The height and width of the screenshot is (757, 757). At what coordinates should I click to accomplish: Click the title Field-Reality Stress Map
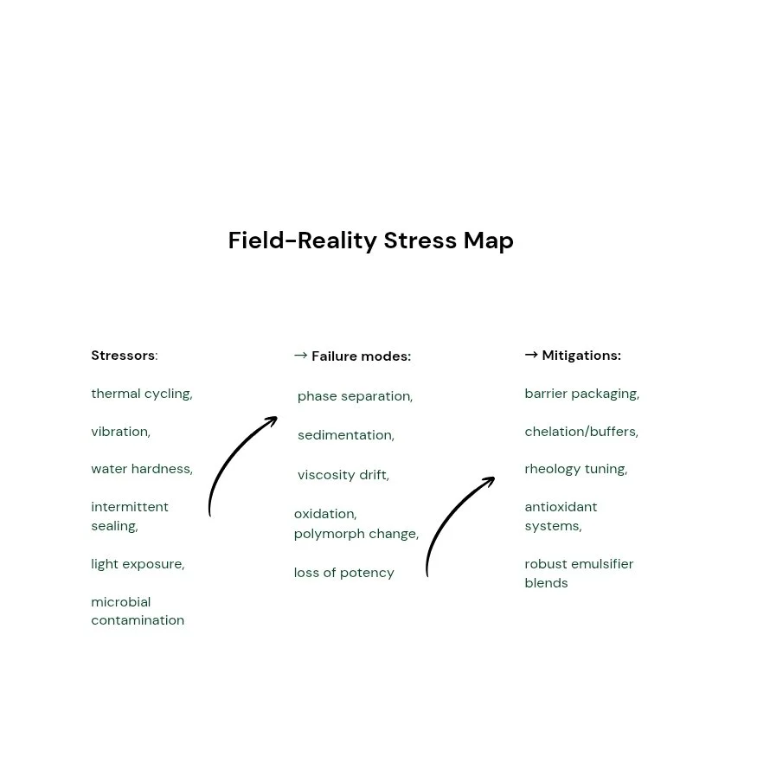coord(370,241)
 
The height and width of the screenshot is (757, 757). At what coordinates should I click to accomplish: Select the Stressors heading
coord(124,356)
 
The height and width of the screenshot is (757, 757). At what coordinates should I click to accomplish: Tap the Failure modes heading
coord(360,356)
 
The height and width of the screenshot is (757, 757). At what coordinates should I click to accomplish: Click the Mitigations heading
coord(581,356)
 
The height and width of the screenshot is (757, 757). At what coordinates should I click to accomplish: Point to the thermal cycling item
coord(141,394)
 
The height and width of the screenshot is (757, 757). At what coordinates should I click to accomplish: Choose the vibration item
coord(120,432)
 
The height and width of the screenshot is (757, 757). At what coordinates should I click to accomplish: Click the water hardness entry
coord(141,469)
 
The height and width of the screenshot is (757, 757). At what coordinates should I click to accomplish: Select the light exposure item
coord(138,564)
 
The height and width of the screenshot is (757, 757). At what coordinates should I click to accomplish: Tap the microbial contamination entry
coord(137,611)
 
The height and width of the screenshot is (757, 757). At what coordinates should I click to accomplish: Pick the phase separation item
coord(355,396)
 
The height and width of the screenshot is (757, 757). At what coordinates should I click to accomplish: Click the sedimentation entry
coord(345,435)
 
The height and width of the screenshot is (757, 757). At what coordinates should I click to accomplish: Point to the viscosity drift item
coord(343,475)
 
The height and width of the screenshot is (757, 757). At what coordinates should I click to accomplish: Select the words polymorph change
coord(356,534)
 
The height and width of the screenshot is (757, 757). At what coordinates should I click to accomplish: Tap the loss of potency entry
coord(343,573)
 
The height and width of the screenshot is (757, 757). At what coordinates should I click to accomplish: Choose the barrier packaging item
coord(581,394)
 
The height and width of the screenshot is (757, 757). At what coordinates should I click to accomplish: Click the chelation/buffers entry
coord(581,432)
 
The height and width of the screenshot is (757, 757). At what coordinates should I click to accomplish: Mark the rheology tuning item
coord(575,469)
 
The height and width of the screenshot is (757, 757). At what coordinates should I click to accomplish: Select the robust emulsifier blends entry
coord(578,574)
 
